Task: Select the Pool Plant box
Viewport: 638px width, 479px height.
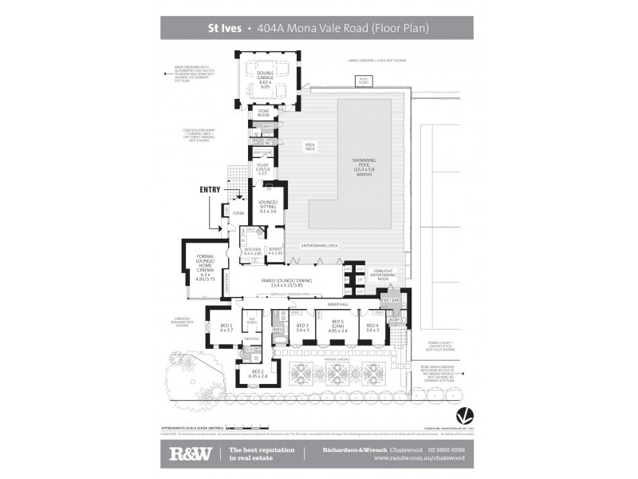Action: point(364,80)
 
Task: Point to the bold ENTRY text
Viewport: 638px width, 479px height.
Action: point(210,189)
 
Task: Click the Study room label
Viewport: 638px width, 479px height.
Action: point(262,168)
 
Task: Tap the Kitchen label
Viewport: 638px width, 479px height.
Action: point(253,251)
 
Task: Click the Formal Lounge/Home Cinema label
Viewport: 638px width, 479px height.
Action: point(199,267)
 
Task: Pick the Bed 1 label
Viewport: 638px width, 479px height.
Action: point(226,327)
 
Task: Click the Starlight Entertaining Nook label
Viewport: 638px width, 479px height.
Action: point(384,275)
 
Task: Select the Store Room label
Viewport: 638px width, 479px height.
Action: point(263,113)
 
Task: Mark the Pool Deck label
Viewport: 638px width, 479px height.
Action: point(310,146)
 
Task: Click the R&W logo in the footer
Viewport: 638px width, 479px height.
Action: point(189,454)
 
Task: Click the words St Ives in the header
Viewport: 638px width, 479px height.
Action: point(220,28)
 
